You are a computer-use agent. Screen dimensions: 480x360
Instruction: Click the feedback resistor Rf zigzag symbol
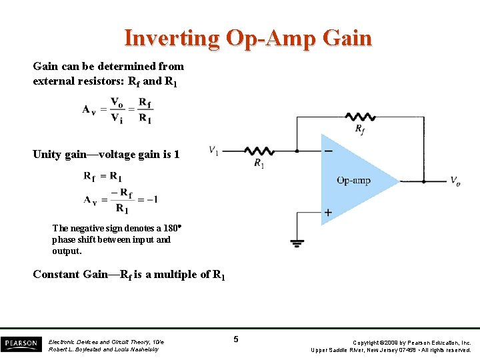[x=360, y=116]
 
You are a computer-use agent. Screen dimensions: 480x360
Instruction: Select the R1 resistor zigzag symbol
[x=259, y=151]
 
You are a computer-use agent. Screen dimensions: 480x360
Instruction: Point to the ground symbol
[x=297, y=243]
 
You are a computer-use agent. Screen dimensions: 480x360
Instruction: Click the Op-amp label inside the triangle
[x=353, y=180]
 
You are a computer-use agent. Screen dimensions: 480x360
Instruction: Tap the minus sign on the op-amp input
[x=328, y=151]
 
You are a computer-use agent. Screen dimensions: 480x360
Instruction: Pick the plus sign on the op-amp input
[x=328, y=213]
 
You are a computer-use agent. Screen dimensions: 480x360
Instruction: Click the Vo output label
[x=455, y=181]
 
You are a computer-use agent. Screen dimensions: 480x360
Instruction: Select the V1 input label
[x=213, y=150]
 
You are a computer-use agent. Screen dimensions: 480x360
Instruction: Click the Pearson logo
[x=21, y=344]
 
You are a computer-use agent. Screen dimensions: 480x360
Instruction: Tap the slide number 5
[x=236, y=340]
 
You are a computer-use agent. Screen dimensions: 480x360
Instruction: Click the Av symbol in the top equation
[x=89, y=109]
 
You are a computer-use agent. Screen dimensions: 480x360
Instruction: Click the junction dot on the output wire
[x=423, y=181]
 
